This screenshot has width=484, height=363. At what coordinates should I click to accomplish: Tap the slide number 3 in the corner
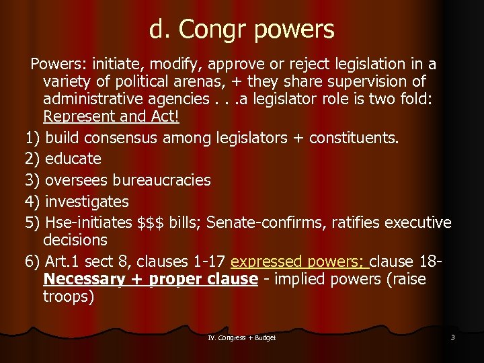click(452, 337)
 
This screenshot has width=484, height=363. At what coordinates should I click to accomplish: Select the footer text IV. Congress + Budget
click(242, 337)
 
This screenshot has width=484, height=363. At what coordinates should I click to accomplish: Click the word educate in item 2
click(73, 159)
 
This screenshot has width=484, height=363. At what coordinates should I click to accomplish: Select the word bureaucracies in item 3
click(161, 180)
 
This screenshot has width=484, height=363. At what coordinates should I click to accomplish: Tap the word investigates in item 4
click(87, 202)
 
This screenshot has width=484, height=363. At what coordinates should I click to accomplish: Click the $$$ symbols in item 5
click(153, 223)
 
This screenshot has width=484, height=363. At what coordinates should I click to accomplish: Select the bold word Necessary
click(83, 279)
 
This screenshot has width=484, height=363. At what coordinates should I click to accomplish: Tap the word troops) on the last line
click(69, 296)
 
